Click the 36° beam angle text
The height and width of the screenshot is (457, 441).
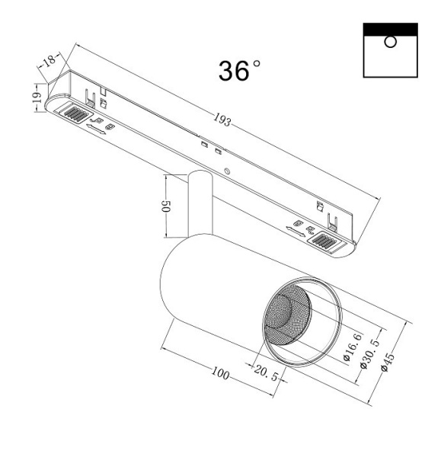point(238,70)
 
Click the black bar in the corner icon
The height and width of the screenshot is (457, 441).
point(390,28)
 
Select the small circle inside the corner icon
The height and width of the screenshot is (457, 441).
point(390,41)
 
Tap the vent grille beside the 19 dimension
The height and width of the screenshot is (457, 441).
point(75,114)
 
